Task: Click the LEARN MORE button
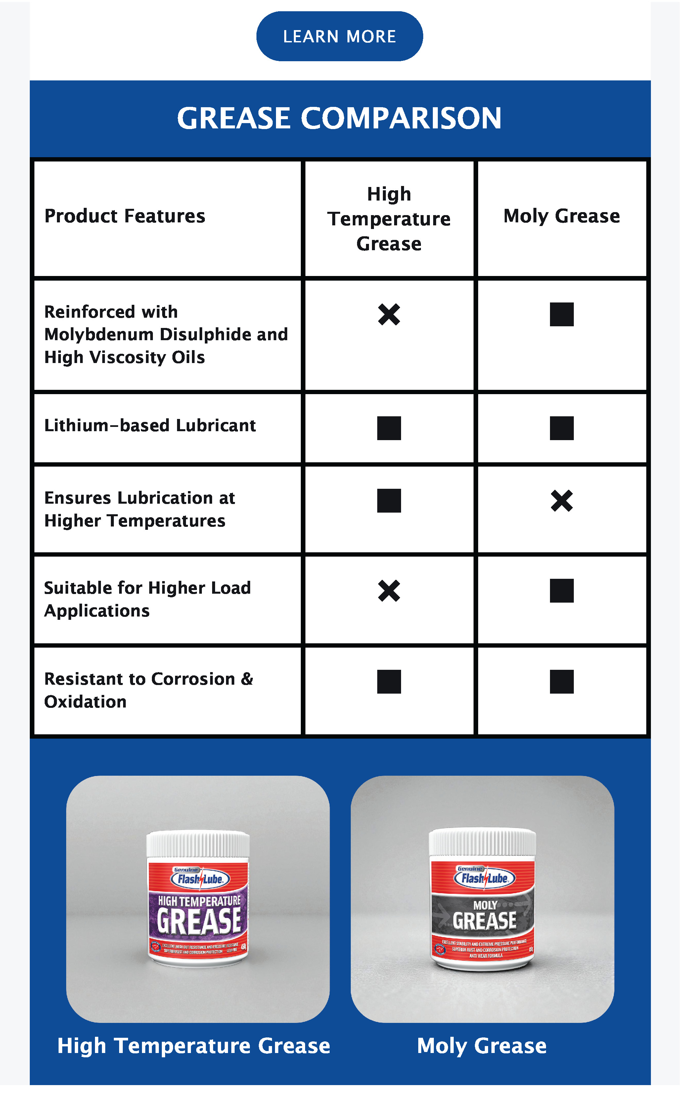(339, 36)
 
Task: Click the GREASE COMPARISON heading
(339, 118)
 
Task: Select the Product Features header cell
(125, 216)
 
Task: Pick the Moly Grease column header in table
(562, 216)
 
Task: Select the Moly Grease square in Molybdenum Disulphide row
(562, 314)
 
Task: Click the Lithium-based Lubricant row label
(150, 426)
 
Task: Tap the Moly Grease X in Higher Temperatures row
(562, 501)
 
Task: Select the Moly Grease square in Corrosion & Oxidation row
(562, 682)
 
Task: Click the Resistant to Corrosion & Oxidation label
(148, 690)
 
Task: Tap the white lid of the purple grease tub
(198, 844)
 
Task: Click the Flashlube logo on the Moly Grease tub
(484, 878)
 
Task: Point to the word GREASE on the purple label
(199, 921)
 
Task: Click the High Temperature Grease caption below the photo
(194, 1046)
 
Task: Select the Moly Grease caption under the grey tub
(481, 1046)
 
